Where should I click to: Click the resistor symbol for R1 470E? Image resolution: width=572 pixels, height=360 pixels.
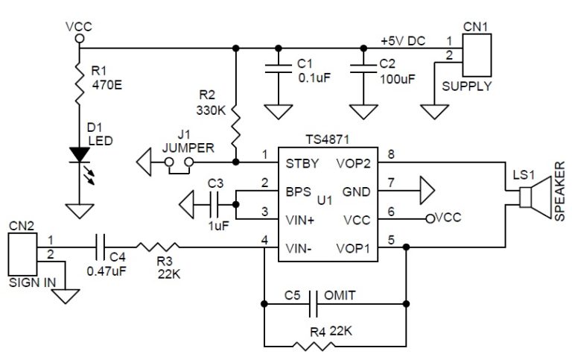tap(78, 83)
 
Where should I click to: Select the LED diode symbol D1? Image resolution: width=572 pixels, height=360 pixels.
tap(78, 154)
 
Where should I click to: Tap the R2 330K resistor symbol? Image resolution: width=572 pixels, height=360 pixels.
tap(235, 126)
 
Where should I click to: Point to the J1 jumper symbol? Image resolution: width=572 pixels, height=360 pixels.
tap(179, 163)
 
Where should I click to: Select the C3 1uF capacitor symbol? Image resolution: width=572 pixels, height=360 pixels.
tap(213, 201)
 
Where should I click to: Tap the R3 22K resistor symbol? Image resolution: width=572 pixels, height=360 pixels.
tap(157, 245)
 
